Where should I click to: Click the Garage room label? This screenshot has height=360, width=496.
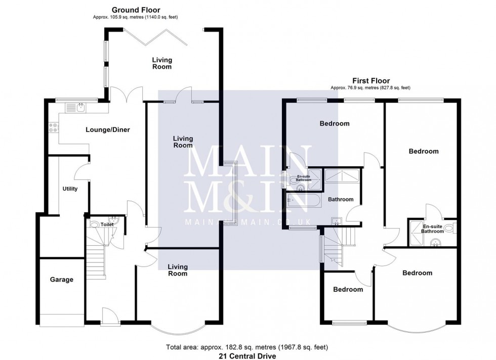(61, 280)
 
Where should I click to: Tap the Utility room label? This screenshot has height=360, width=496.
(70, 189)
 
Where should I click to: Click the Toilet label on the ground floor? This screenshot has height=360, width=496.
(107, 224)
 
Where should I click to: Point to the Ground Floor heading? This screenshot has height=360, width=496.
(135, 10)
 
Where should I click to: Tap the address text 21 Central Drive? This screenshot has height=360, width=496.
(247, 356)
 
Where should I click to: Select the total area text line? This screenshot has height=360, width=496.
(247, 347)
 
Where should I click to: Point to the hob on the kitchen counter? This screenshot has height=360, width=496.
(53, 128)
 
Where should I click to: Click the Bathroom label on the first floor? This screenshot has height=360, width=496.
(340, 200)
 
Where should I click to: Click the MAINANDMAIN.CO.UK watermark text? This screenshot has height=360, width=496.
(247, 222)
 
